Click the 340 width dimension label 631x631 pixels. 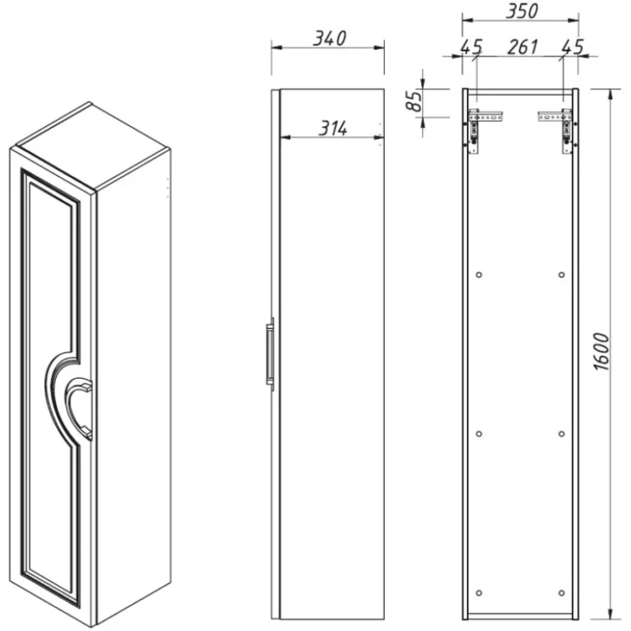(330, 39)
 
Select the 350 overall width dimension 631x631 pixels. (522, 11)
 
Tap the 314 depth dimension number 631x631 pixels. (333, 128)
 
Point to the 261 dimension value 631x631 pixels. (522, 47)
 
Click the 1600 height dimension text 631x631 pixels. (602, 352)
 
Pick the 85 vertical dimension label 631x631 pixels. (414, 101)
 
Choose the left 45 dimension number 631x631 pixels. (471, 48)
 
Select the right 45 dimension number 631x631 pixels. (572, 48)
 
